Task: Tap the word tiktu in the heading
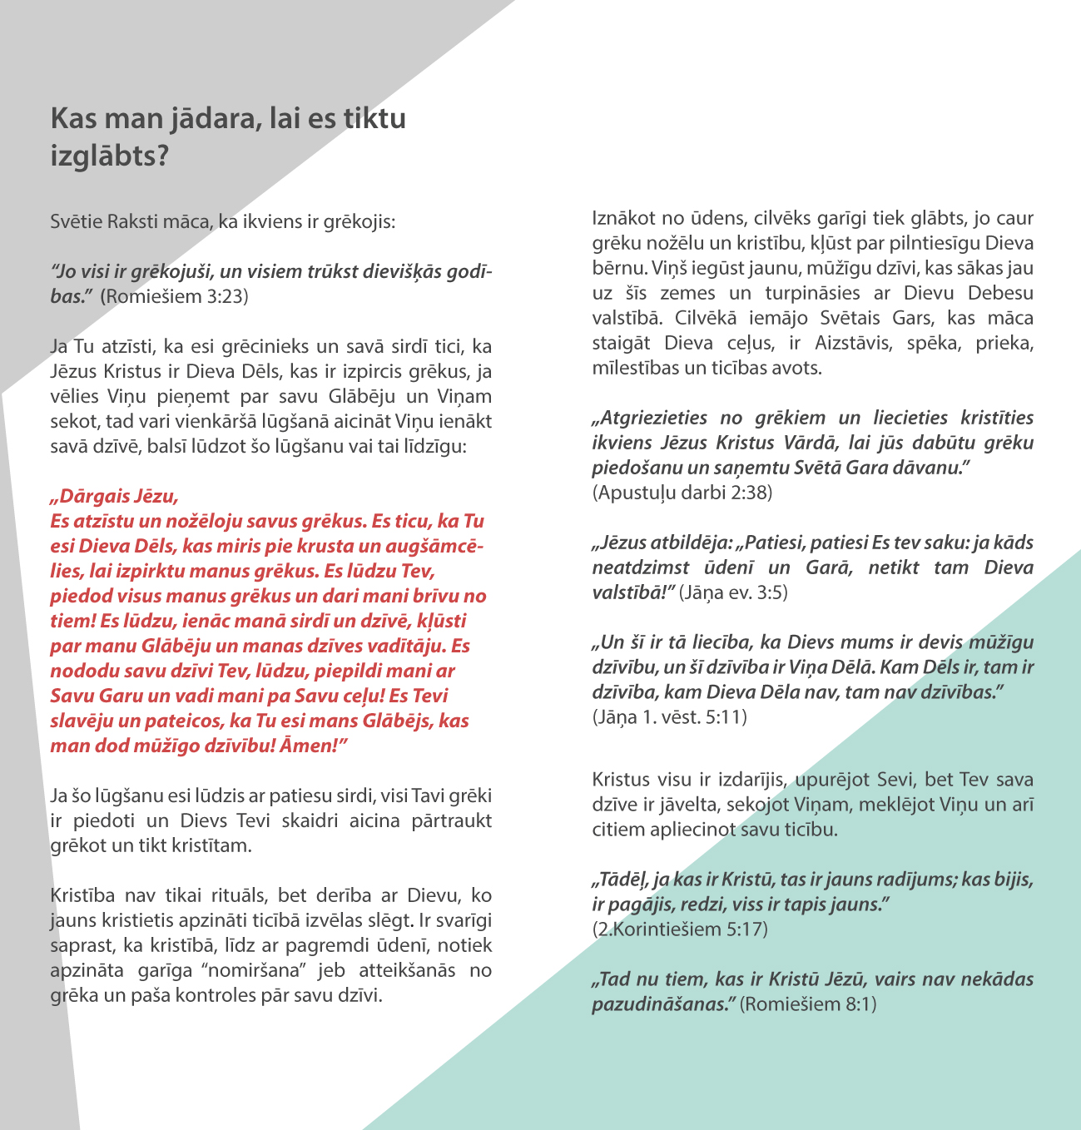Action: pyautogui.click(x=374, y=118)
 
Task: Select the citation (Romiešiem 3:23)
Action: pyautogui.click(x=174, y=296)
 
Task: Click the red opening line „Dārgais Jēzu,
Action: pyautogui.click(x=114, y=497)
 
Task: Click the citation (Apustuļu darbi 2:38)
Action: pyautogui.click(x=682, y=493)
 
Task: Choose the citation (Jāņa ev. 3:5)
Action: pyautogui.click(x=733, y=592)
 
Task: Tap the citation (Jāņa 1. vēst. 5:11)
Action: pyautogui.click(x=669, y=716)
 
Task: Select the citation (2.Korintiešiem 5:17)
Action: pyautogui.click(x=680, y=929)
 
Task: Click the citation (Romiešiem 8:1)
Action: pyautogui.click(x=808, y=1004)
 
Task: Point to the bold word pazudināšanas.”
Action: pyautogui.click(x=663, y=1004)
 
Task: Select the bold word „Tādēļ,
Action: pyautogui.click(x=619, y=880)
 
